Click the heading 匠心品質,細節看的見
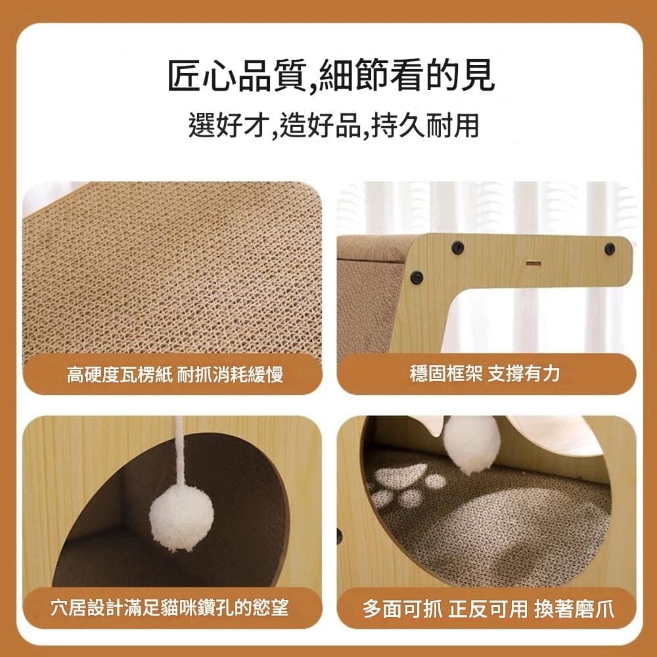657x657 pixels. [331, 76]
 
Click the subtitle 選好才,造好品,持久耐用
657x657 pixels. [334, 124]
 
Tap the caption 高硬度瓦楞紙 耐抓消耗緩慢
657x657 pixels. [175, 374]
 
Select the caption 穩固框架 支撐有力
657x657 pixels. [485, 373]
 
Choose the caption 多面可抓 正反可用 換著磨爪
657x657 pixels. [489, 608]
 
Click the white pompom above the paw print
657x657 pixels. [471, 445]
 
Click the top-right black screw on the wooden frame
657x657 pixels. [610, 250]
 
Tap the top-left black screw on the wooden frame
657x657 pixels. [457, 248]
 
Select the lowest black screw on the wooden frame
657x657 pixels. [417, 277]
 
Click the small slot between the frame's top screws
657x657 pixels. [533, 263]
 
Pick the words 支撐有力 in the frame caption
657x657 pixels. [524, 373]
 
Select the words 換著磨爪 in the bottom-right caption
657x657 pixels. [574, 608]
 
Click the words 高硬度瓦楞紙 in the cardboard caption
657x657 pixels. [120, 374]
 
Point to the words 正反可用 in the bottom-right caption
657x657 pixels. [487, 608]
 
